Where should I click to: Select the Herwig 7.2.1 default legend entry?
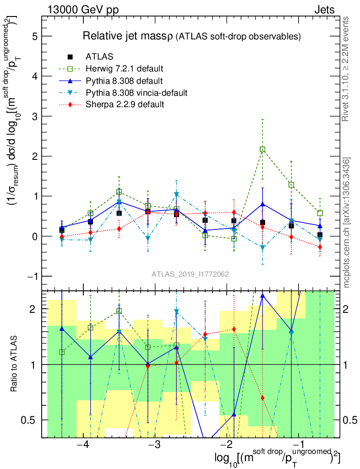[x=124, y=69]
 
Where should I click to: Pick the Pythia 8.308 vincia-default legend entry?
[x=136, y=93]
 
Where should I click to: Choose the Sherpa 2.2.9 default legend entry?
[x=125, y=105]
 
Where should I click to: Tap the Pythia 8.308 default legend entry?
[x=124, y=81]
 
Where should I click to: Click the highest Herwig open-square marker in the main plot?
[x=262, y=149]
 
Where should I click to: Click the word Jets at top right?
[x=324, y=10]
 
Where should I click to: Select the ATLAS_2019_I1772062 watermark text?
[x=191, y=274]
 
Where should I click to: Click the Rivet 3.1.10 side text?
[x=346, y=69]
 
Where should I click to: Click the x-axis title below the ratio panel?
[x=278, y=458]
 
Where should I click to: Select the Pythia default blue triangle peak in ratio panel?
[x=262, y=295]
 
